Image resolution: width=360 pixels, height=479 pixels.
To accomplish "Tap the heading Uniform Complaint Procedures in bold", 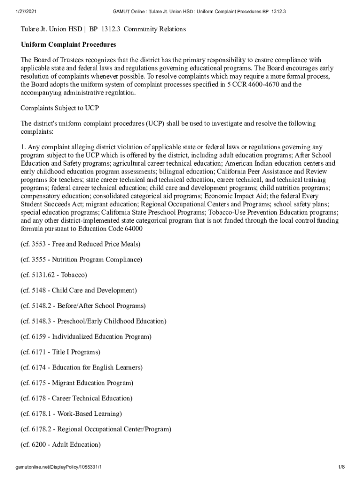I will coord(68,44).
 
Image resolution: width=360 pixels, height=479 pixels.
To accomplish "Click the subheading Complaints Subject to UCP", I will coord(60,108).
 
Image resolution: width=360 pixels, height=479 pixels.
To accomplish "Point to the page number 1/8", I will coord(341,467).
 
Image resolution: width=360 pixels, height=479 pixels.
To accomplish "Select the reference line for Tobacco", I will coord(54,275).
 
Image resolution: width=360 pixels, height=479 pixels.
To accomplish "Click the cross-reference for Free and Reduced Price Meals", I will coord(80,244).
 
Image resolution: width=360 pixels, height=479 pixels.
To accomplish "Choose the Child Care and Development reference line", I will coord(79,290).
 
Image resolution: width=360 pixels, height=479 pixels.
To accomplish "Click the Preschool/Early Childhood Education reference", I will coord(94,321).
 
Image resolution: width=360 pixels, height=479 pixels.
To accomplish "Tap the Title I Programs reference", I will coord(61,352).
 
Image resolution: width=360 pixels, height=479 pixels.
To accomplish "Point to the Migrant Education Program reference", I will coord(77,383).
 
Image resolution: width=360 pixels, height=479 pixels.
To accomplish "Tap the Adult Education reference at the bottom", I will coord(61,444).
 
